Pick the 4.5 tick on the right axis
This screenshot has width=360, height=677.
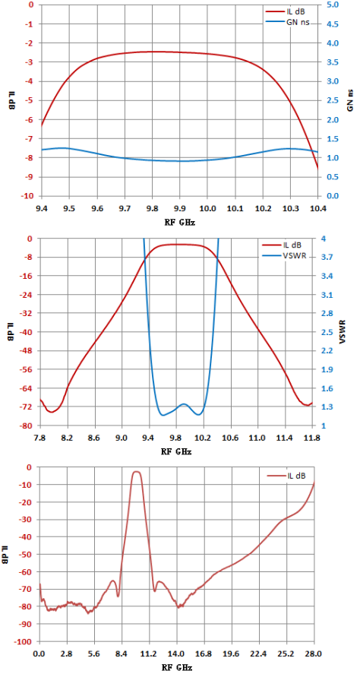click(330, 24)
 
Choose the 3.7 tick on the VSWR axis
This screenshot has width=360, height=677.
click(327, 258)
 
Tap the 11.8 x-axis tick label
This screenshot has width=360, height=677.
click(311, 438)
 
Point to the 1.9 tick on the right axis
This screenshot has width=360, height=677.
click(327, 369)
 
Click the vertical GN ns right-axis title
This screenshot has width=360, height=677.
click(350, 100)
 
